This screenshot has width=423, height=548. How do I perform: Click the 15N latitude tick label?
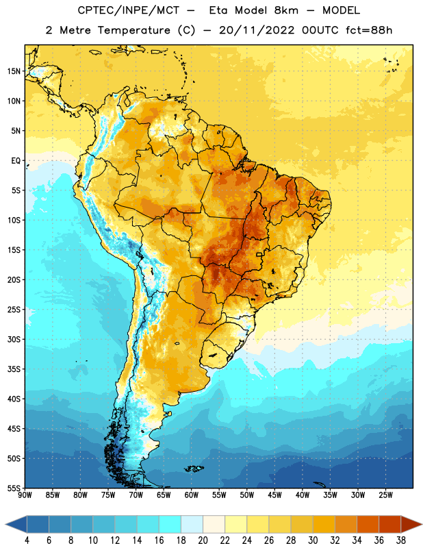click(x=14, y=71)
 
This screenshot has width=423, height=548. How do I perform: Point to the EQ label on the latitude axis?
click(x=16, y=161)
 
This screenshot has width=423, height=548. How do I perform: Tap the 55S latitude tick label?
click(x=14, y=488)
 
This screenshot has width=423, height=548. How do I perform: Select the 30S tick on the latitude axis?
click(x=14, y=339)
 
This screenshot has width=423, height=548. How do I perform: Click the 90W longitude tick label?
click(x=25, y=495)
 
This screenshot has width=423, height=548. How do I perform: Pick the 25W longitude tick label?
click(x=385, y=495)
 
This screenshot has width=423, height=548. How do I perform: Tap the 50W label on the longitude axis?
click(x=247, y=495)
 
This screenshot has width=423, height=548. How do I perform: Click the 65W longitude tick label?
click(x=164, y=495)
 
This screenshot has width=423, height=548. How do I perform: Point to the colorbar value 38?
click(x=401, y=540)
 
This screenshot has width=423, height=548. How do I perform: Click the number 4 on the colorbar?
click(x=27, y=540)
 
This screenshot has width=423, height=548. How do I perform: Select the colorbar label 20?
click(x=203, y=540)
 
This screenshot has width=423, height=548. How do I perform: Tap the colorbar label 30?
click(x=313, y=540)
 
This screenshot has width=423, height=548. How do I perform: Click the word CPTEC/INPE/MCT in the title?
click(x=128, y=10)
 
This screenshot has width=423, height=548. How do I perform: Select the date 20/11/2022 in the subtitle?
click(x=257, y=30)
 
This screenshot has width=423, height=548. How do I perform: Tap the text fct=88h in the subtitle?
click(x=369, y=30)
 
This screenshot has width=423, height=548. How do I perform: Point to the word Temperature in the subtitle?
click(x=133, y=30)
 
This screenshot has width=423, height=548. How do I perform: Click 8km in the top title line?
click(x=286, y=10)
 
